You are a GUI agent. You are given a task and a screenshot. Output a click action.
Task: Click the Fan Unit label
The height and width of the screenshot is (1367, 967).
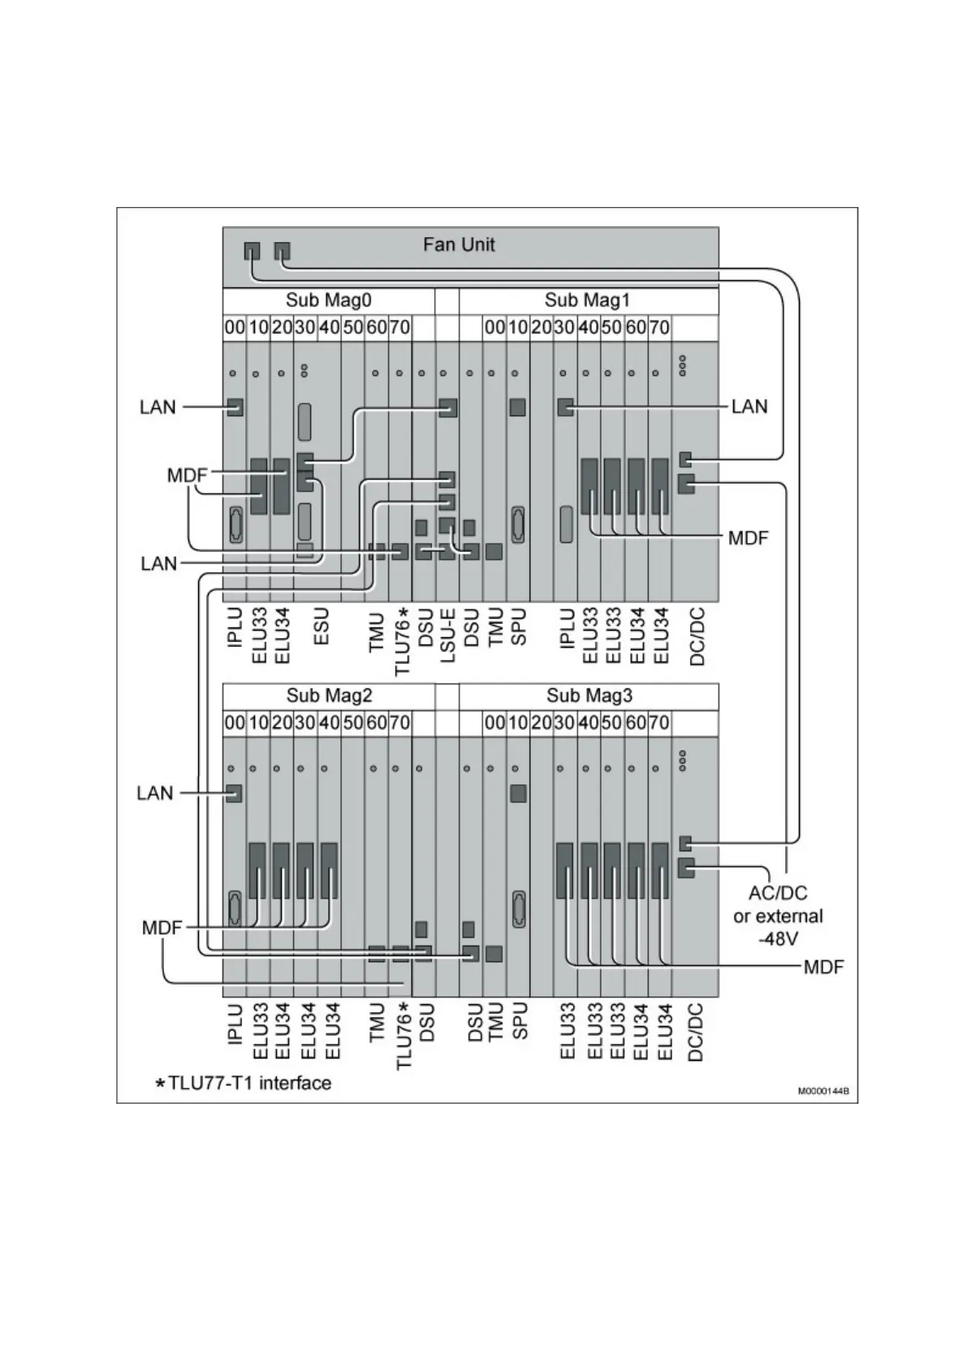pos(459,244)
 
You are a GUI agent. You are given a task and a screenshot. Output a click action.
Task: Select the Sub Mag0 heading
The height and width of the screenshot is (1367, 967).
pos(328,300)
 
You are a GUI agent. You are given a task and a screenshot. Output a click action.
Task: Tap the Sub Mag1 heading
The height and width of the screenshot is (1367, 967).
pos(587,300)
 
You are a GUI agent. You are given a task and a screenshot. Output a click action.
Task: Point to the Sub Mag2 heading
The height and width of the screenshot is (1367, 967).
pos(328,696)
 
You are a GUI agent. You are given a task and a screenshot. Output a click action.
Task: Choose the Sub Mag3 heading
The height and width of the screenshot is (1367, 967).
pos(589,696)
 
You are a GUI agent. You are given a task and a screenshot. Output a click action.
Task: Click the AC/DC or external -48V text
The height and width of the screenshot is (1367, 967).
pos(778,916)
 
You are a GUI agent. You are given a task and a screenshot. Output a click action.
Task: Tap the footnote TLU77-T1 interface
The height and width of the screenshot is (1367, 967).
pos(244,1083)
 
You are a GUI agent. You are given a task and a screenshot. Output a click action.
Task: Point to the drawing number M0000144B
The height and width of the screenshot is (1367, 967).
pos(822,1091)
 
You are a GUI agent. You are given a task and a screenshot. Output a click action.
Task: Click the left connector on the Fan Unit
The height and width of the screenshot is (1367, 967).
pos(252,252)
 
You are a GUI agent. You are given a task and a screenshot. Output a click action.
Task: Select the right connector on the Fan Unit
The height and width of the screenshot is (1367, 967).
pos(282,252)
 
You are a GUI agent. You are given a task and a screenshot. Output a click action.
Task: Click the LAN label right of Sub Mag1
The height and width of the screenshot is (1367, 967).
pos(749,406)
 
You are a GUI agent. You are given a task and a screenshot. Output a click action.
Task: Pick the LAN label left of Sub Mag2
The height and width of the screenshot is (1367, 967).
pos(155,793)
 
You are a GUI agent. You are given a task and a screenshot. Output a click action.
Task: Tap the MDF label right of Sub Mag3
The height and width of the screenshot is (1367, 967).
pos(823,966)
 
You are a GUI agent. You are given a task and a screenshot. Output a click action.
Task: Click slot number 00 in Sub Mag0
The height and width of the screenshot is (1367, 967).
pos(234,327)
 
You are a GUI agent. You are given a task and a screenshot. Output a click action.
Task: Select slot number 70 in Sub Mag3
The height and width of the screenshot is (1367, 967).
pos(658,722)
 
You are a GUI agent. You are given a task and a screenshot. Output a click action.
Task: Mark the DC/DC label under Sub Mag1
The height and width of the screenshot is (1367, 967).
pos(697,637)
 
